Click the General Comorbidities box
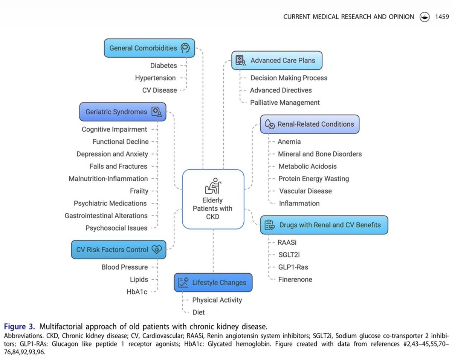click(149, 48)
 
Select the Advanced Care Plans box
click(276, 60)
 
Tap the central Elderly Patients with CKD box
click(213, 199)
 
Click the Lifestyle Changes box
click(213, 282)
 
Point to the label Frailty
click(139, 191)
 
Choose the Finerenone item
click(295, 279)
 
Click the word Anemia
click(289, 142)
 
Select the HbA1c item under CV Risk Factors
click(137, 291)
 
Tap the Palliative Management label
click(285, 102)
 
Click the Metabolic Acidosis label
click(307, 166)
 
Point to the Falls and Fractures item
click(118, 166)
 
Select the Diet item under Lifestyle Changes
click(199, 312)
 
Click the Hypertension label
click(155, 78)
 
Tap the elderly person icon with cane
click(213, 186)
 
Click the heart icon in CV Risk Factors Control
click(156, 249)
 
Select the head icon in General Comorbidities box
click(185, 48)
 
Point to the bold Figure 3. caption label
click(20, 326)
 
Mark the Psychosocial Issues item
click(116, 228)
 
